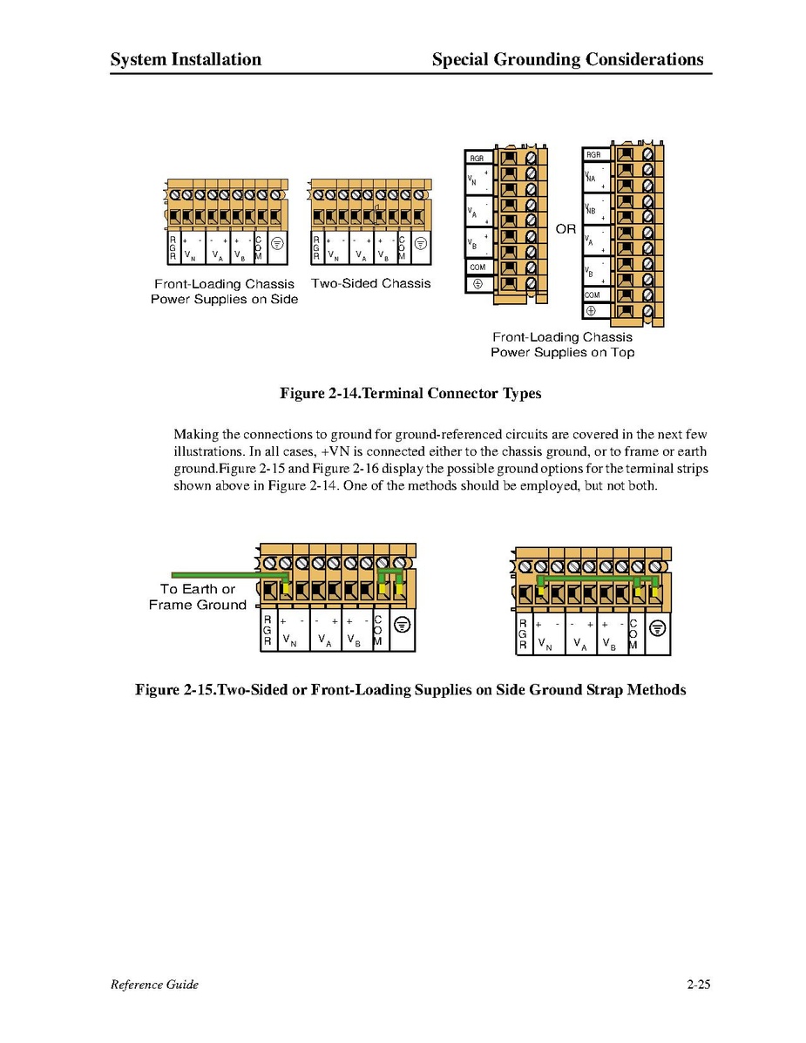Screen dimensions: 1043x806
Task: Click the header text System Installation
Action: [x=186, y=59]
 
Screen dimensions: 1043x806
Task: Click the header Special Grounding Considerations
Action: [x=567, y=59]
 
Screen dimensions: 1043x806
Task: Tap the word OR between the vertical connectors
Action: [x=566, y=229]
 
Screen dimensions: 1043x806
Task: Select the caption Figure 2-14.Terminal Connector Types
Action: [x=410, y=394]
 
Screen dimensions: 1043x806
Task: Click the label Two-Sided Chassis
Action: [x=370, y=283]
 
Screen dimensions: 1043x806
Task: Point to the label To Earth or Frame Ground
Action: [x=198, y=597]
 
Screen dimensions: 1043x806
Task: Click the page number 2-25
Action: [x=699, y=985]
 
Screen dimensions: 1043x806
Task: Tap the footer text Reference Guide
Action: [x=154, y=985]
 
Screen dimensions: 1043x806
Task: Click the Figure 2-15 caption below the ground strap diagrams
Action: [x=410, y=690]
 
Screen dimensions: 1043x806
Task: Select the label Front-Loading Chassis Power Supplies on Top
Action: [x=562, y=344]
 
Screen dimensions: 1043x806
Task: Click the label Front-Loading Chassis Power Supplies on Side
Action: [x=225, y=291]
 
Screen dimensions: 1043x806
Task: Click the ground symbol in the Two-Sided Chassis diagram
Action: [x=420, y=243]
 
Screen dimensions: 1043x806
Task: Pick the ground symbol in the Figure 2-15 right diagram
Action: [x=658, y=629]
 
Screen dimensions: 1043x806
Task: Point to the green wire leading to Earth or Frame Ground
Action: [x=218, y=575]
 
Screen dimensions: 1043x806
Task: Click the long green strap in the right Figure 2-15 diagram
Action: [x=593, y=578]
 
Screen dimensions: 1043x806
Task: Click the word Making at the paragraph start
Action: [x=197, y=434]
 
